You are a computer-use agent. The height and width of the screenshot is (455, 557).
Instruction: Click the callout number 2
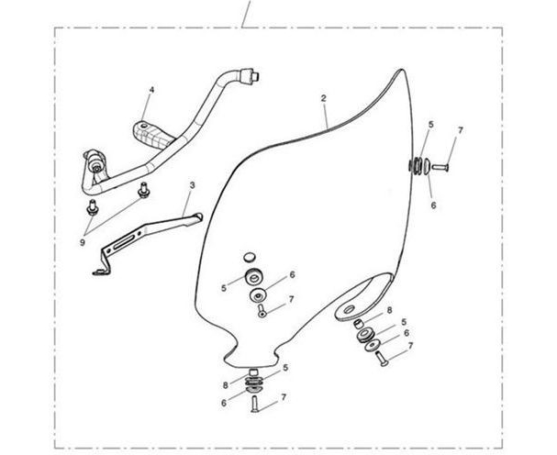[x=323, y=98]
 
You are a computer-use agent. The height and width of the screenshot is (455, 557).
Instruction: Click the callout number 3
[x=192, y=185]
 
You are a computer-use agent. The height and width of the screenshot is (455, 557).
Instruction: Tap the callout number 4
[x=151, y=90]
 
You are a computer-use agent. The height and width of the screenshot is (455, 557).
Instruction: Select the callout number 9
[x=83, y=242]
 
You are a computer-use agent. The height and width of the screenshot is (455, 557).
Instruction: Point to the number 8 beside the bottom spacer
[x=225, y=385]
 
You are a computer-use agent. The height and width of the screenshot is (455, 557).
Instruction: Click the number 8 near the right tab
[x=389, y=310]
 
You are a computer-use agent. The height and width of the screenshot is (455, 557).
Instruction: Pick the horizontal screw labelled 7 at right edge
[x=440, y=166]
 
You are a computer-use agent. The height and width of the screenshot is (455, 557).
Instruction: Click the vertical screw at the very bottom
[x=255, y=405]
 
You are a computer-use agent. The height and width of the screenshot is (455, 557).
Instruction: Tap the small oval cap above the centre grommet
[x=250, y=257]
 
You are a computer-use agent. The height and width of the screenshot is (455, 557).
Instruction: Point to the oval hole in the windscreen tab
[x=350, y=309]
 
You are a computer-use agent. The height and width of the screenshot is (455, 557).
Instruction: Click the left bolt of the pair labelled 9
[x=92, y=207]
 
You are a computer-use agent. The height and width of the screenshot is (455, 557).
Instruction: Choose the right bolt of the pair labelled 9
[x=143, y=190]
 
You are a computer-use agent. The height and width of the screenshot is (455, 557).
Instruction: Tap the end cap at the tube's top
[x=251, y=76]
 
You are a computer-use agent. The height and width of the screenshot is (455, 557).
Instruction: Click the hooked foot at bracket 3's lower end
[x=101, y=272]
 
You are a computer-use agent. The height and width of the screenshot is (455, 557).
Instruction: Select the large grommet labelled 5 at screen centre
[x=253, y=276]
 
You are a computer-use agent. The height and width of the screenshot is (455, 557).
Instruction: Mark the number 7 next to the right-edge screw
[x=461, y=130]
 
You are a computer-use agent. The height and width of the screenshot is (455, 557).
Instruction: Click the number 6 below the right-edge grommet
[x=433, y=205]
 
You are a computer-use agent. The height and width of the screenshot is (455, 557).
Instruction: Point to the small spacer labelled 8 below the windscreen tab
[x=359, y=323]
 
